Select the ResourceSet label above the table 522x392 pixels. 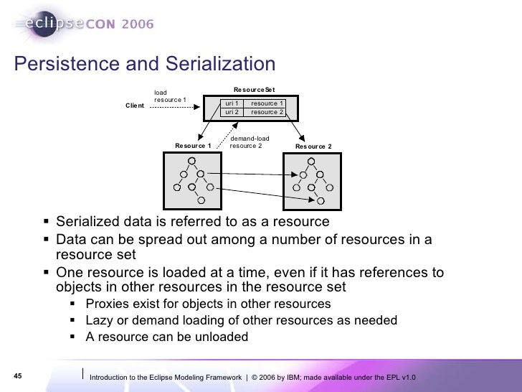(x=254, y=90)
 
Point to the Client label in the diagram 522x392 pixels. (x=135, y=106)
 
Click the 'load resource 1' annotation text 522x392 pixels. (x=170, y=95)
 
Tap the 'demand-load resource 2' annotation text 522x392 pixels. (x=247, y=142)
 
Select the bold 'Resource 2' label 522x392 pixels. (x=313, y=146)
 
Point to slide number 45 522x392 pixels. (x=18, y=376)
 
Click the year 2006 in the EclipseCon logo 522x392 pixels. (x=131, y=24)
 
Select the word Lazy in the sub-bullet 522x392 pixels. (x=98, y=320)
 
